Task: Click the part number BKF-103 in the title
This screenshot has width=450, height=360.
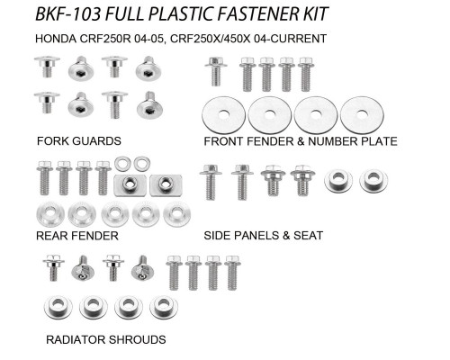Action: point(67,14)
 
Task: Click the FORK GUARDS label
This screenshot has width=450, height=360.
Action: point(79,141)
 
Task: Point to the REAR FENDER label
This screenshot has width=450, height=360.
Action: point(77,236)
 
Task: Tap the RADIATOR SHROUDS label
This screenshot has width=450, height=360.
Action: point(106,339)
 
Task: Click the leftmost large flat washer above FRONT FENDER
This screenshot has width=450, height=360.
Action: point(223,115)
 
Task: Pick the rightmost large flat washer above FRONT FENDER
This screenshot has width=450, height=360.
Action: point(362,114)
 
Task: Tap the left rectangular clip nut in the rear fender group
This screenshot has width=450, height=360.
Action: point(130,185)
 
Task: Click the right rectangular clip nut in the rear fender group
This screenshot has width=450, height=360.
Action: point(166,185)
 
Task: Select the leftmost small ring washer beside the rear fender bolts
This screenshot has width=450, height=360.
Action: point(121,164)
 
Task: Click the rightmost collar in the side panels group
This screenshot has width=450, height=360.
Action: point(373,181)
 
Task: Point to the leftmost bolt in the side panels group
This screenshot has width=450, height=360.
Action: point(211,182)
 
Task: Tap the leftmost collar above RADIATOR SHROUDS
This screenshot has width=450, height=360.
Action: point(58,307)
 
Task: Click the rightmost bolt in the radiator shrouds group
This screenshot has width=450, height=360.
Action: point(232,273)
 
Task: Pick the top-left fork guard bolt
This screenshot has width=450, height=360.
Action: point(47,67)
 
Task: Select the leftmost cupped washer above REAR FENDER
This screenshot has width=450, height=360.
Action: point(50,214)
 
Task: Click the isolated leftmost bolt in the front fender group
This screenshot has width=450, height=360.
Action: point(216,71)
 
